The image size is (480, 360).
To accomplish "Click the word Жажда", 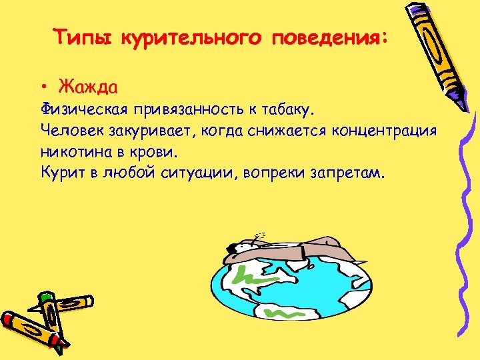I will [88, 87].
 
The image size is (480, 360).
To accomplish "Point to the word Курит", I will [61, 173].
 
